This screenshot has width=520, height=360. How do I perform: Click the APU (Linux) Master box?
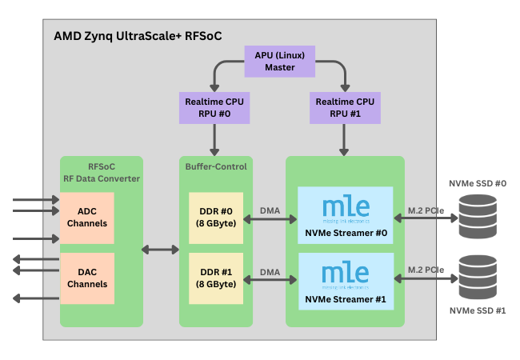coord(280,61)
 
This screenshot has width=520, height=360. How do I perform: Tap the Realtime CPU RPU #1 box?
coord(345,107)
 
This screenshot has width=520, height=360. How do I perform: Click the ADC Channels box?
coord(87,218)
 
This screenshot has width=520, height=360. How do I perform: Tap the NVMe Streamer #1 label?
coord(345,300)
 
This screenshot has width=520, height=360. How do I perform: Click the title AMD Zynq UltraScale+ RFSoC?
coord(138,36)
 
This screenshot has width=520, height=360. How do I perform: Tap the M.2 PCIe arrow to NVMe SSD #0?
coord(426,218)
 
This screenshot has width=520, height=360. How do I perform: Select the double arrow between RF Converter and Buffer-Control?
coord(160,250)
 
